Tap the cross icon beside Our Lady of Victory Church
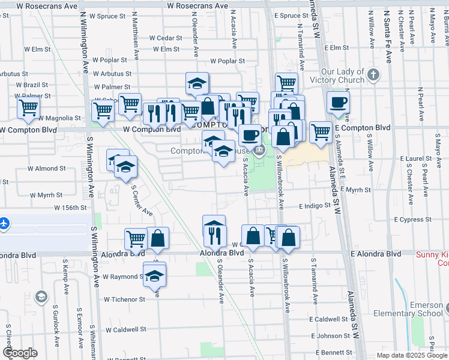tap(374, 75)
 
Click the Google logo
tap(20, 353)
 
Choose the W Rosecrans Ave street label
tap(197, 5)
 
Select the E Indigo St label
tap(316, 205)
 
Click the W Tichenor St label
tap(124, 299)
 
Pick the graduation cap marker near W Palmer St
tap(196, 83)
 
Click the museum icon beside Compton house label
tap(259, 150)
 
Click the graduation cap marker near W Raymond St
tap(155, 275)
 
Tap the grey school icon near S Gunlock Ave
tap(41, 296)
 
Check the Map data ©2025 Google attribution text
tap(412, 355)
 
